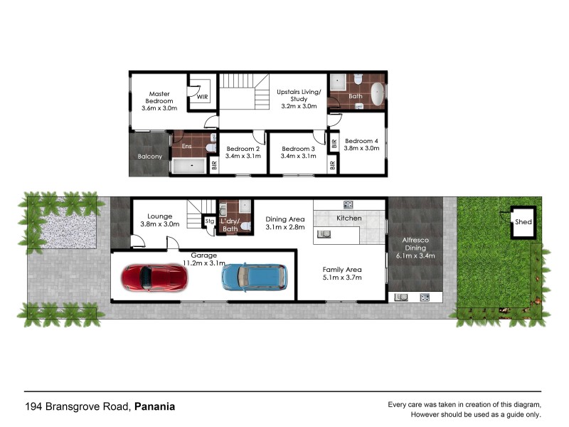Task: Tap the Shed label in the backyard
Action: tap(523, 222)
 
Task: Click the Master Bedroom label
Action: tap(159, 97)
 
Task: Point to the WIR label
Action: tap(202, 97)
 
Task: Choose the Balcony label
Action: tap(149, 157)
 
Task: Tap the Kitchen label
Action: tap(349, 218)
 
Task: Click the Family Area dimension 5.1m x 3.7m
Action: tap(342, 278)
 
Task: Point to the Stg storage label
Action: tap(209, 221)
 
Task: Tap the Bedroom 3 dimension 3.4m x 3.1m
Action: tap(298, 156)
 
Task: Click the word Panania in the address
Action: tap(155, 407)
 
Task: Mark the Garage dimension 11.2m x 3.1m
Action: tap(204, 263)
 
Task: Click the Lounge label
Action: tap(160, 216)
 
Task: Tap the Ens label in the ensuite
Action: tap(187, 146)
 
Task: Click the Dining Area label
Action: tap(284, 219)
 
